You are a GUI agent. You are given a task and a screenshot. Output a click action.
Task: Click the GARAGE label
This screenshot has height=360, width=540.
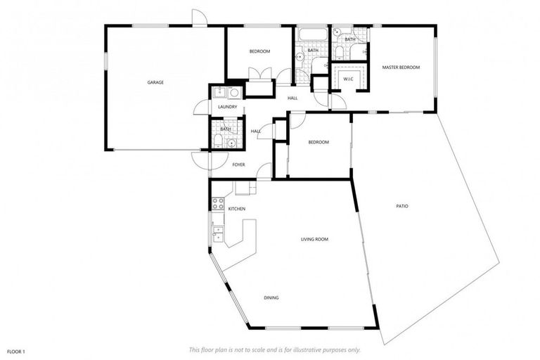pos(155,82)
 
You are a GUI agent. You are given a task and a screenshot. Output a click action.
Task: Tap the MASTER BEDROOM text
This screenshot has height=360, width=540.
pos(401,67)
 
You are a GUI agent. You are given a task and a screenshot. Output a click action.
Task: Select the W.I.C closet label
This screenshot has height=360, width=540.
pos(348,79)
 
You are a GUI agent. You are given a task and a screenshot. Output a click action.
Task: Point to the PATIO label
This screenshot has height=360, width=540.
pos(402,206)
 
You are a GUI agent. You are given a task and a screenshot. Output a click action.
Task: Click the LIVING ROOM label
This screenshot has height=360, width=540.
pos(314,239)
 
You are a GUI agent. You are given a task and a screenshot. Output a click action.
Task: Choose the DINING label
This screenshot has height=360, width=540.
pos(271,297)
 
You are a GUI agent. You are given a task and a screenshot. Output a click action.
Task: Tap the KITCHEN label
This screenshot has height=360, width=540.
pos(236,209)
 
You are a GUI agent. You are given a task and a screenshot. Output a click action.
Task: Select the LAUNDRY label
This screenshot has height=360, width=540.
pos(227,107)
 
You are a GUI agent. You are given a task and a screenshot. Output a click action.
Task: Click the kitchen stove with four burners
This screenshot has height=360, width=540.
pos(218,205)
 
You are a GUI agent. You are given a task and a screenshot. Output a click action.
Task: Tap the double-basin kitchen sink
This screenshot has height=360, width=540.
pos(218,233)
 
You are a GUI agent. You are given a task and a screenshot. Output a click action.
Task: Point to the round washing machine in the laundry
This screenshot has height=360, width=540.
pos(234,93)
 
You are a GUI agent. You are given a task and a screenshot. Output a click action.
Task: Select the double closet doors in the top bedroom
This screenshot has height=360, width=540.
pos(259,74)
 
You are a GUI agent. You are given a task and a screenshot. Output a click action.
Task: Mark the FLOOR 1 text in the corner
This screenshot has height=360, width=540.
pos(16,350)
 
